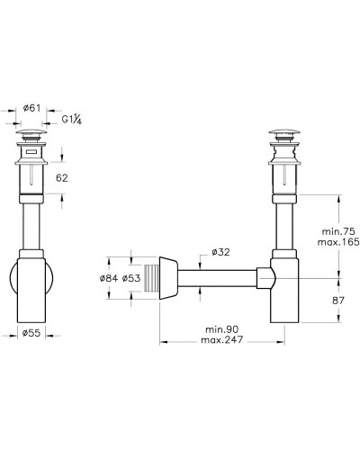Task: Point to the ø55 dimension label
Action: point(31,333)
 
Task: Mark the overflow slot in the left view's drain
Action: point(31,154)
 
